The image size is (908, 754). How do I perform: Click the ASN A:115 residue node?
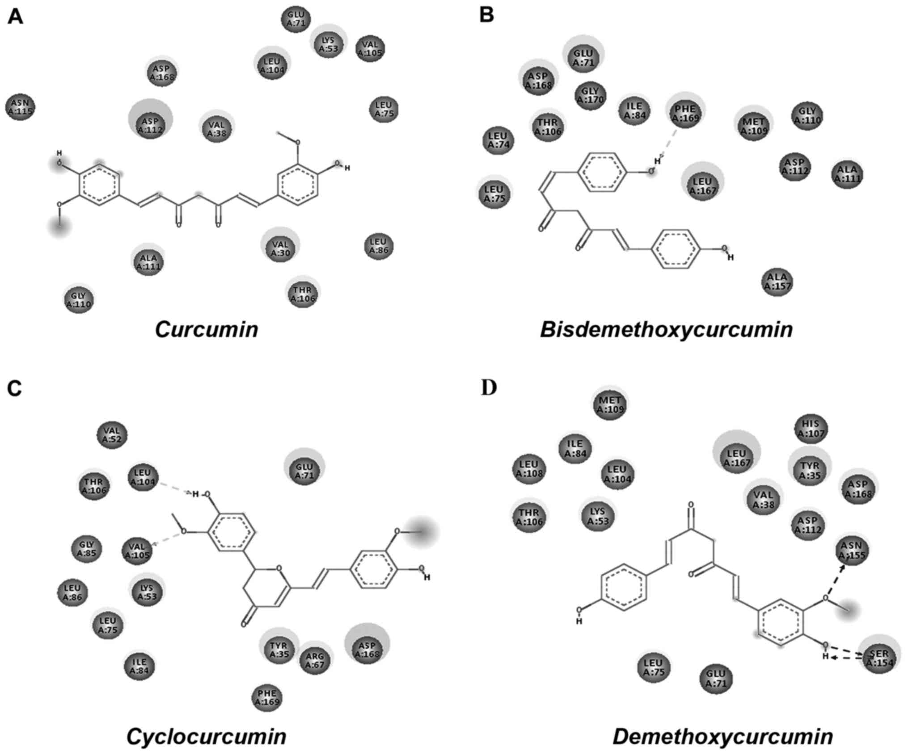pyautogui.click(x=20, y=107)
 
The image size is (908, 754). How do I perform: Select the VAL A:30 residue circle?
pyautogui.click(x=280, y=249)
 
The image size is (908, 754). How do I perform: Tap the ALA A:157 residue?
pyautogui.click(x=777, y=282)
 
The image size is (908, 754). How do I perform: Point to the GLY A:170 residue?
pyautogui.click(x=590, y=95)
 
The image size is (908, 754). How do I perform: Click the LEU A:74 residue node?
pyautogui.click(x=498, y=139)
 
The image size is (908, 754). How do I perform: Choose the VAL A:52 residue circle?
pyautogui.click(x=112, y=435)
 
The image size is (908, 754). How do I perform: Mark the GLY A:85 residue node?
pyautogui.click(x=87, y=549)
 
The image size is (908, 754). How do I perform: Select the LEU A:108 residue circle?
pyautogui.click(x=529, y=469)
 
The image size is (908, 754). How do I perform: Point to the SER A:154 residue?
pyautogui.click(x=879, y=659)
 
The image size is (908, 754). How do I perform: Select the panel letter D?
pyautogui.click(x=489, y=388)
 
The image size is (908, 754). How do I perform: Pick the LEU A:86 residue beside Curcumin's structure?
pyautogui.click(x=379, y=246)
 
